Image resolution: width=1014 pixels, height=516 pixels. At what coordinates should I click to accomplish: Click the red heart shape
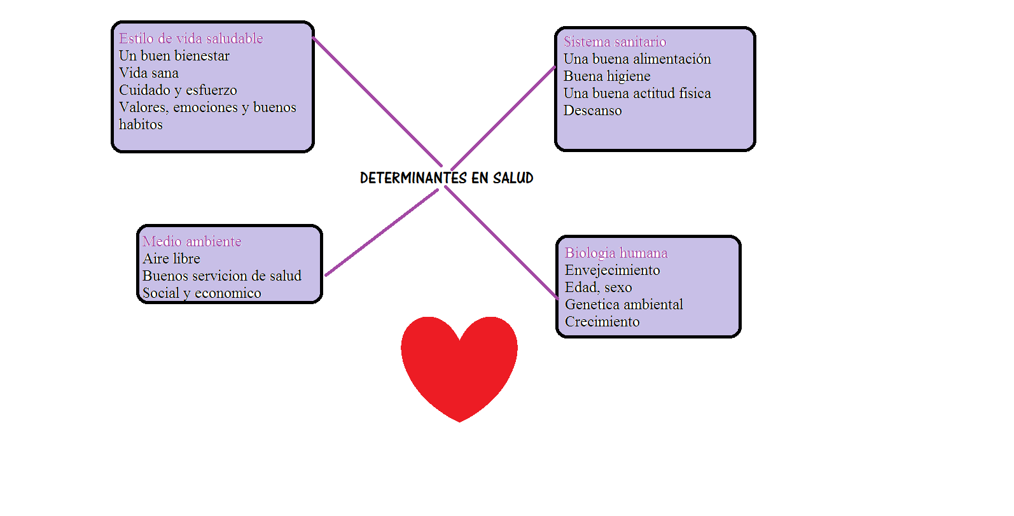(x=459, y=366)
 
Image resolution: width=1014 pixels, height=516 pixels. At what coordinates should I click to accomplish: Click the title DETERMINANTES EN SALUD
(x=447, y=178)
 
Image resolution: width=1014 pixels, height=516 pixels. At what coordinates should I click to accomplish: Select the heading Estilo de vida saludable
(x=191, y=39)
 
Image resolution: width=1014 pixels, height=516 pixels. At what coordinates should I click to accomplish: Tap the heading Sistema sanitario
(x=615, y=42)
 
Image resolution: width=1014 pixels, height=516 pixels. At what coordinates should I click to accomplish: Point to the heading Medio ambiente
(x=192, y=242)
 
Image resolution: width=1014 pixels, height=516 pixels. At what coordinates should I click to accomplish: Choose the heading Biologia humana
(x=616, y=253)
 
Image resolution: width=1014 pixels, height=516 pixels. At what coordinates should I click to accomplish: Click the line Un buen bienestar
(x=174, y=56)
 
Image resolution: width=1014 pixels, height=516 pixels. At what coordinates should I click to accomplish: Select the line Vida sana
(x=148, y=73)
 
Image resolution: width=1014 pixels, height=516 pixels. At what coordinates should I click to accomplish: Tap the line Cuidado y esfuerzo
(x=177, y=90)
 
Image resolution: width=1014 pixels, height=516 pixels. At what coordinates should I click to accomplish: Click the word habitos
(x=141, y=125)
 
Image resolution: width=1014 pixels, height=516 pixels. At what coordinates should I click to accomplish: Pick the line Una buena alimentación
(x=637, y=59)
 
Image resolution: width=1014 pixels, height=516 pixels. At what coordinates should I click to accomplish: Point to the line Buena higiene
(x=607, y=76)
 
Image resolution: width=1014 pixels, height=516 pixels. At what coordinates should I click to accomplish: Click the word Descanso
(x=592, y=111)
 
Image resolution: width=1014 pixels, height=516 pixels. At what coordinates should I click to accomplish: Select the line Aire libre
(x=171, y=259)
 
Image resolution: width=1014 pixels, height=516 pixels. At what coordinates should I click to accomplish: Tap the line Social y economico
(x=202, y=293)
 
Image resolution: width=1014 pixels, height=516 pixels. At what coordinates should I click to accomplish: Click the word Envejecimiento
(x=612, y=270)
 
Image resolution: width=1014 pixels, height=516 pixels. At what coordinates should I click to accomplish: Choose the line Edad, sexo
(x=598, y=288)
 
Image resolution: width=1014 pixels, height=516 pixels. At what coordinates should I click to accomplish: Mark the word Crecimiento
(x=602, y=322)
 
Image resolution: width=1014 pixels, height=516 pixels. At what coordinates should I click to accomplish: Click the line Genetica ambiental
(x=623, y=305)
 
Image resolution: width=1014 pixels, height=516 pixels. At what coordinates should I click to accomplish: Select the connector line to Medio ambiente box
(x=382, y=233)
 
